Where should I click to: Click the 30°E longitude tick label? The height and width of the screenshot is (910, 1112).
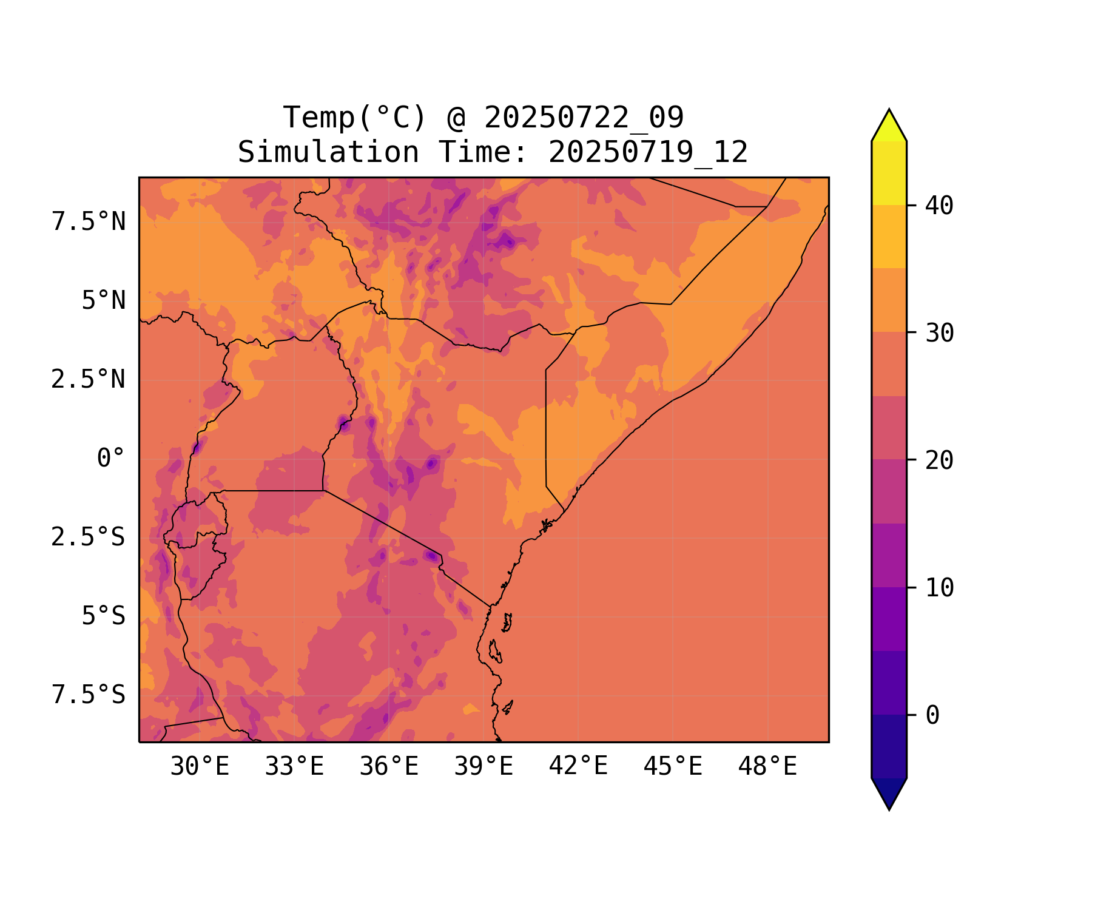coord(200,767)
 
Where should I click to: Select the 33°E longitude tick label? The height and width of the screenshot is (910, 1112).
coord(294,767)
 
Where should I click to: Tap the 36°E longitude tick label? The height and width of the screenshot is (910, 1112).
coord(389,767)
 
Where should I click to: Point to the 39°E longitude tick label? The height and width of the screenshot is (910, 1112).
coord(484,767)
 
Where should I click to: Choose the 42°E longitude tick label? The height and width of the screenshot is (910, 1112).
coord(578,766)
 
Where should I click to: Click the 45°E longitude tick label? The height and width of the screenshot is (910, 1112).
coord(673,767)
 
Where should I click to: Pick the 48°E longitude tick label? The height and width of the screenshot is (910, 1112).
coord(767,767)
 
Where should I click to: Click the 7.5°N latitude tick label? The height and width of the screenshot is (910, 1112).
coord(89,222)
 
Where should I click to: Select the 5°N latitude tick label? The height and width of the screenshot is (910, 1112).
coord(104,301)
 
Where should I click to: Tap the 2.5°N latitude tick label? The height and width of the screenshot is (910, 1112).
coord(89,380)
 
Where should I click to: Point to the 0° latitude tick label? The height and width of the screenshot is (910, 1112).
coord(111,459)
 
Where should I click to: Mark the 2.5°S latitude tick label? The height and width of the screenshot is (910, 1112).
coord(89,538)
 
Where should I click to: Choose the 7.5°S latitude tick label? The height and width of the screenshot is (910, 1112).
coord(89,695)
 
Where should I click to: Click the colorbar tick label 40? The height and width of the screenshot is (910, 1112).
coord(939,206)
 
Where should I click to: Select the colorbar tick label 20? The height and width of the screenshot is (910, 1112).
coord(939,460)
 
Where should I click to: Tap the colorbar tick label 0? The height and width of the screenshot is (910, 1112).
coord(932,715)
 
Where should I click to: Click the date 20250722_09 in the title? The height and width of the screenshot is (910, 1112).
coord(584,118)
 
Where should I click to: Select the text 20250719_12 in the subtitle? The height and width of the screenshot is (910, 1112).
coord(648,152)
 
